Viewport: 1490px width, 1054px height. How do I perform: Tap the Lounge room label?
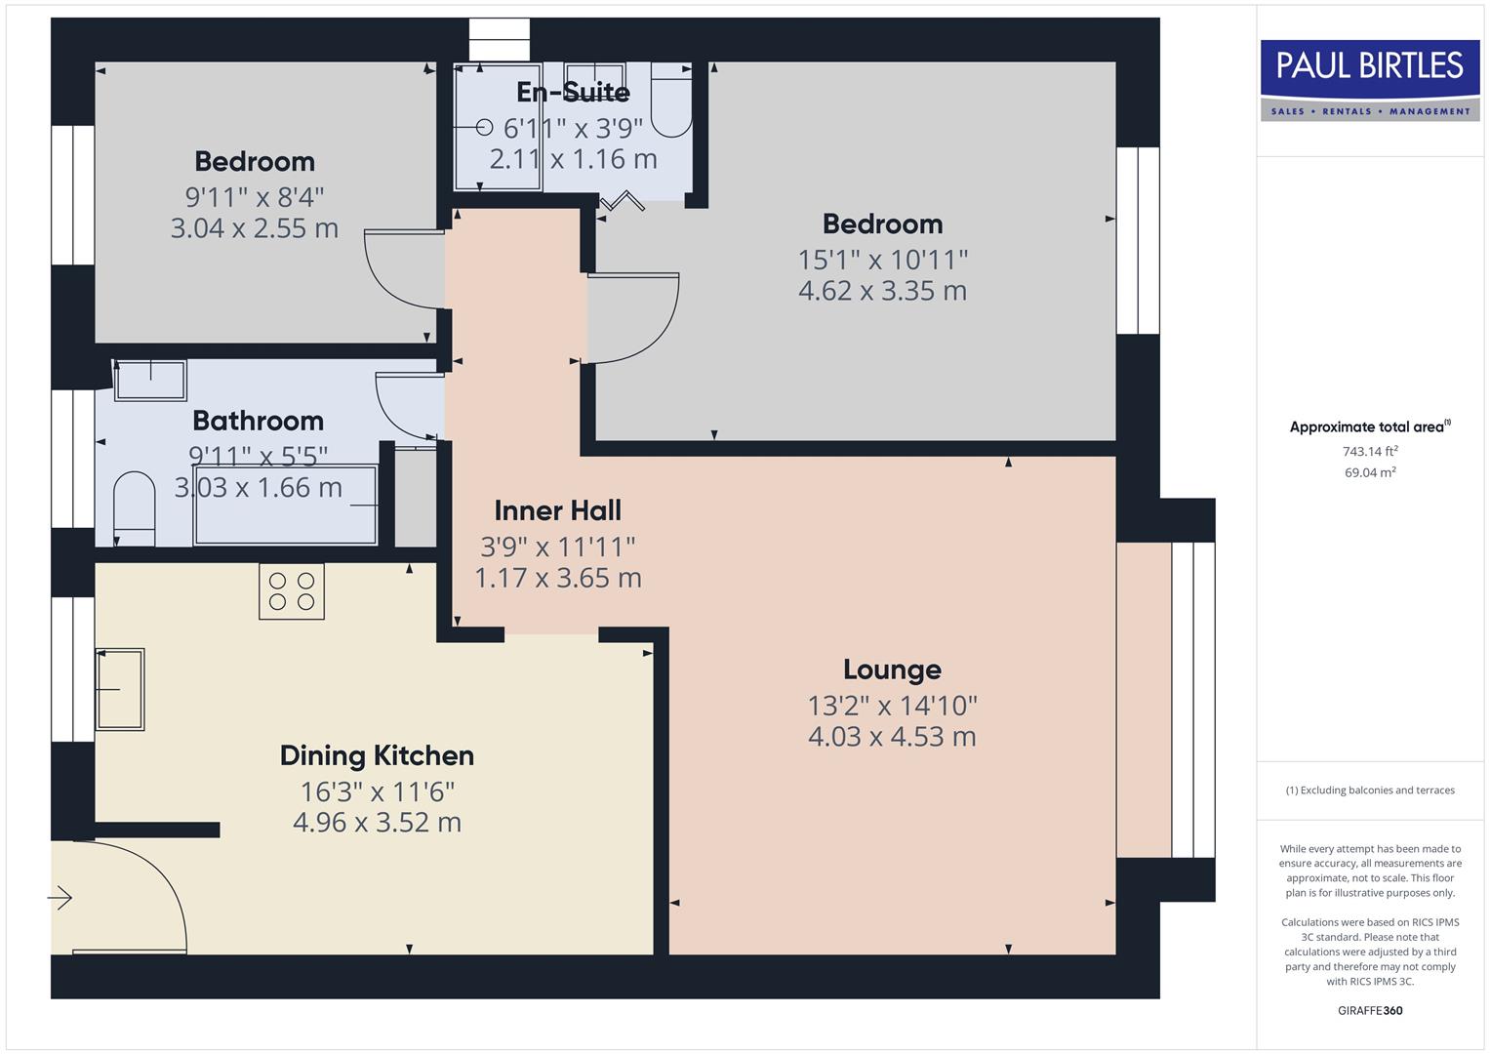click(892, 669)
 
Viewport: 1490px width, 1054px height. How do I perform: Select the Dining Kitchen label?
click(377, 755)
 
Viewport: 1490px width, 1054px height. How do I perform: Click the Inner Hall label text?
click(557, 510)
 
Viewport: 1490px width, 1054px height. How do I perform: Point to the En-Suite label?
click(573, 92)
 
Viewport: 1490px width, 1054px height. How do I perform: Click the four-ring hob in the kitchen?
click(292, 590)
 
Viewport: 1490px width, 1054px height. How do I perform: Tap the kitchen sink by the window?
click(119, 689)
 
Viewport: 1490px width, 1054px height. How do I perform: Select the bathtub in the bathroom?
click(285, 505)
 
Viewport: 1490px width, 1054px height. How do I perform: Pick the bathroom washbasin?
click(150, 380)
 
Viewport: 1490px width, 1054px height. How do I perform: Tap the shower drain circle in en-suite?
click(485, 127)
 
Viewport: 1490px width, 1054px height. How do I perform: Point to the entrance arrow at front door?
click(60, 897)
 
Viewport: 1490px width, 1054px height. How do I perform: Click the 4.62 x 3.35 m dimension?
click(882, 291)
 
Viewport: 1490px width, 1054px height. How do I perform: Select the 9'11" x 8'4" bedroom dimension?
click(255, 197)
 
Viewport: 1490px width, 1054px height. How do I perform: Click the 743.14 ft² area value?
click(1369, 451)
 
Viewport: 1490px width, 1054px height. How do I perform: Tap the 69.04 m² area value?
click(1369, 472)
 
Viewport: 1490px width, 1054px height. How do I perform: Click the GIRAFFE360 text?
click(1369, 1010)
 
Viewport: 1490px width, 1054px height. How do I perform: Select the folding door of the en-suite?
click(622, 202)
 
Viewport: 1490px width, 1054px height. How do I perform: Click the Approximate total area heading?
click(1369, 426)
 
